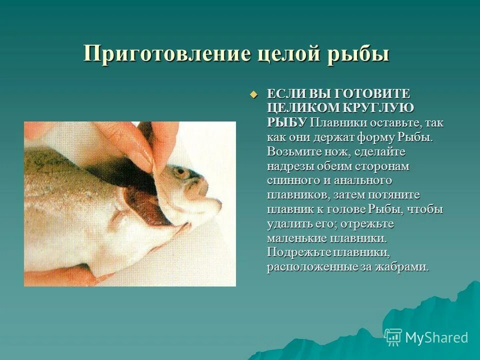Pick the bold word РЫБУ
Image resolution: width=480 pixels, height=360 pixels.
click(x=286, y=122)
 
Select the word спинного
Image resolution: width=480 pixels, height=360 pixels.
click(x=295, y=180)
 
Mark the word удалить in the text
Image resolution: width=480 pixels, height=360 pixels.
click(x=287, y=223)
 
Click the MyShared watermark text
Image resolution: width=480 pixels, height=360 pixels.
click(x=436, y=337)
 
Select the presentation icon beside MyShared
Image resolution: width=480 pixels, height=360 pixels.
click(x=393, y=337)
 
